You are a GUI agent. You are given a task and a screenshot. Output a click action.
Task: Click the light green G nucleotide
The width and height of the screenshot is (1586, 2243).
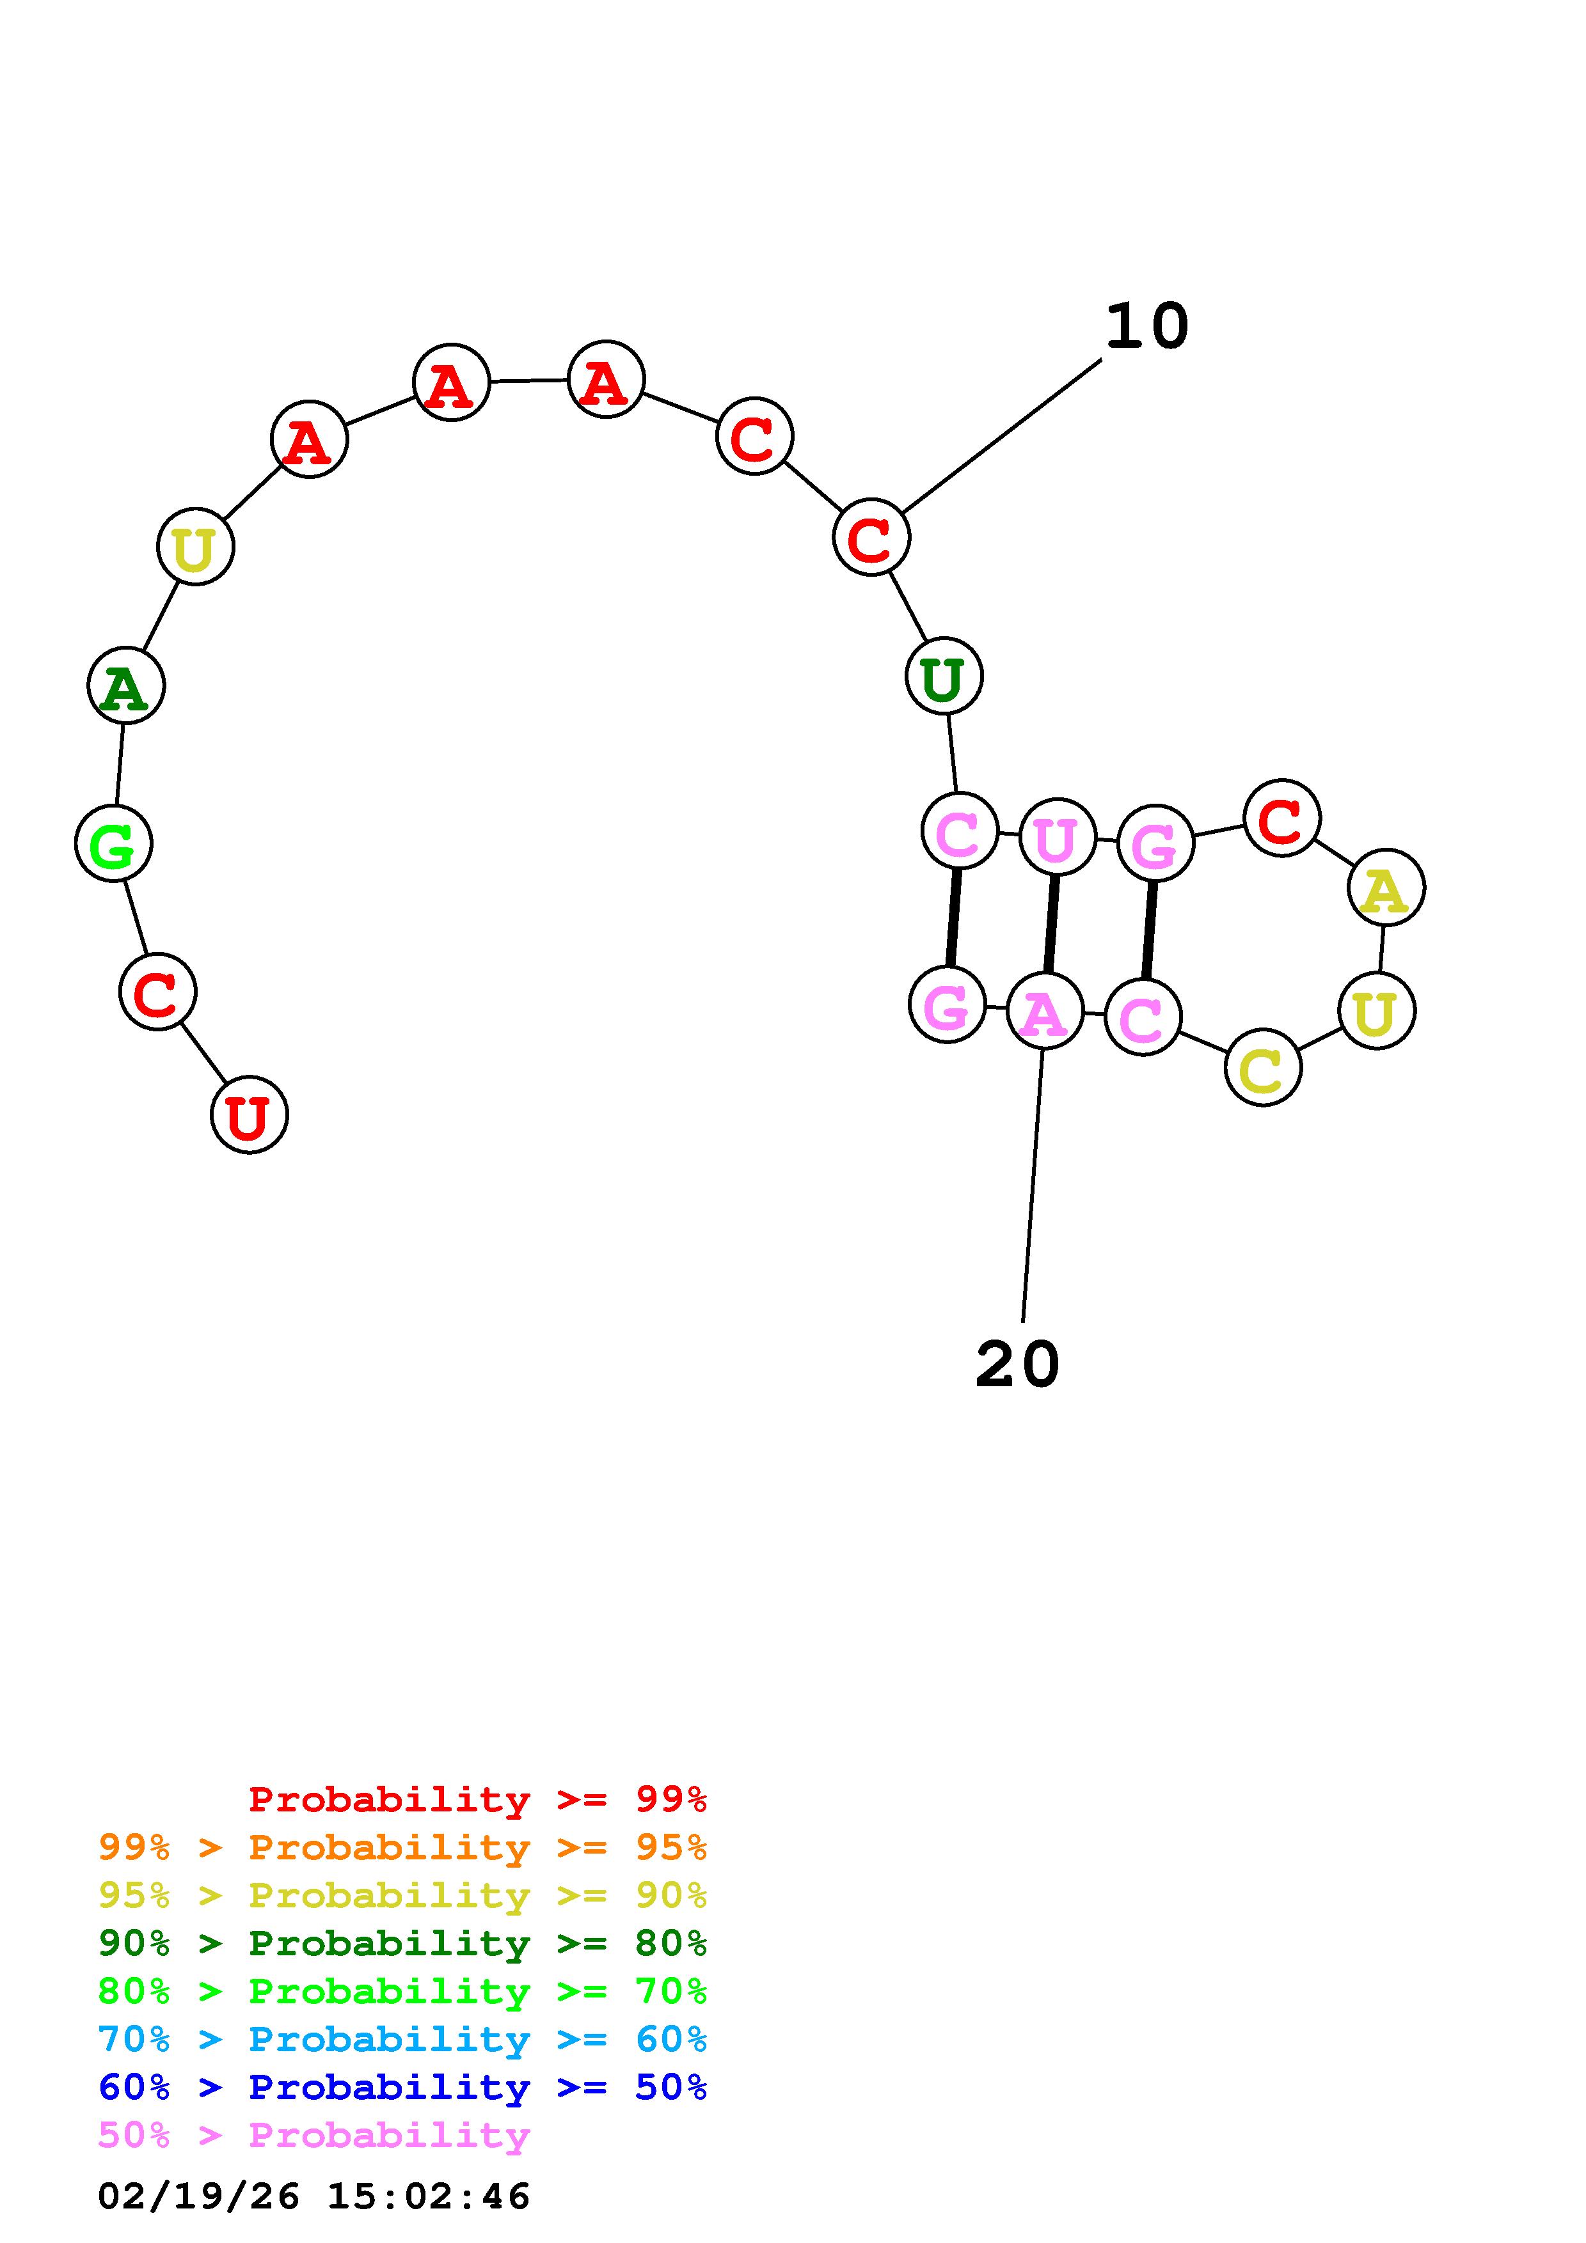click(x=113, y=843)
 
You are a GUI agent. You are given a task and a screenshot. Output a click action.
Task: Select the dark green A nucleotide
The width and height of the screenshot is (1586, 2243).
click(x=126, y=686)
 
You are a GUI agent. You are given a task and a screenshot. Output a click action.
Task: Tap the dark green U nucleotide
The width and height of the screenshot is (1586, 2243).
click(x=944, y=676)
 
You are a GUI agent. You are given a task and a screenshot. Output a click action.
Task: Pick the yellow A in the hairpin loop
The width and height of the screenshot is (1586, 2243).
click(x=1386, y=888)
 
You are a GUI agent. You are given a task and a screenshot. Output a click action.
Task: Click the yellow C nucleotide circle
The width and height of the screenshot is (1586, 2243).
click(x=1262, y=1068)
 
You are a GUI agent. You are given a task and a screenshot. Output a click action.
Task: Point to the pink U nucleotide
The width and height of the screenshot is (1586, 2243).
click(x=1056, y=838)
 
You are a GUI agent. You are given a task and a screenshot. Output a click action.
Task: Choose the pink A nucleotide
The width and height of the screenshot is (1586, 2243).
click(x=1045, y=1011)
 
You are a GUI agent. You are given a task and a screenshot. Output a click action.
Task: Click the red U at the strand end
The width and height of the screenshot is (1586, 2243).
click(x=249, y=1114)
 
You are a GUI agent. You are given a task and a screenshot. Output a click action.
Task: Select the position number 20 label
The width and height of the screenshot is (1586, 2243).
click(x=1017, y=1364)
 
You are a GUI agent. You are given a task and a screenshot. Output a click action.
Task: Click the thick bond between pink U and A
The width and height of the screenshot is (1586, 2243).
click(x=1051, y=924)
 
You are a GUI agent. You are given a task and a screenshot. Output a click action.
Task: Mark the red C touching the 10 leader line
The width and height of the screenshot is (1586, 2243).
click(x=871, y=537)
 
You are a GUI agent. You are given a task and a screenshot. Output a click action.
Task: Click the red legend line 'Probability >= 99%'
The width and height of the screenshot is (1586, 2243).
click(x=478, y=1799)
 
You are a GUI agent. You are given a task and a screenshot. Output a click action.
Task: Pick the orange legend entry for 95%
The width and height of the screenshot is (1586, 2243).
click(x=402, y=1847)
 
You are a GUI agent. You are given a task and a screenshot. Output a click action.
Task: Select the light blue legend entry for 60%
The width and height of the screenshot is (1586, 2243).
click(x=402, y=2039)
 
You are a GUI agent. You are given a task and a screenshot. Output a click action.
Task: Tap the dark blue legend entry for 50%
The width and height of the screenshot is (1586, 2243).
click(x=402, y=2087)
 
